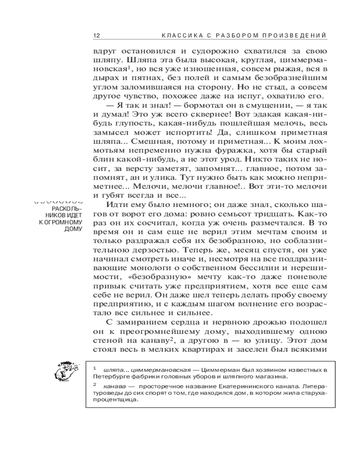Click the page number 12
[x=96, y=35]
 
